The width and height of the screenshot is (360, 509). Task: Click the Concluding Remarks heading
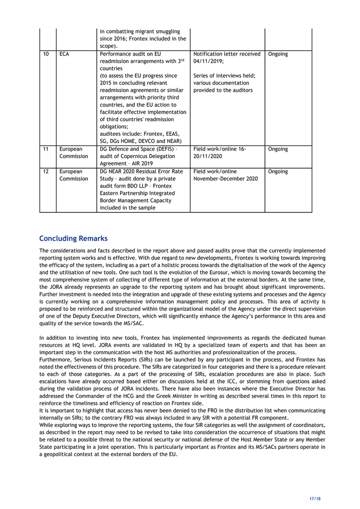(74, 239)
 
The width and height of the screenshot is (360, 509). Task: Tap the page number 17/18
(315, 498)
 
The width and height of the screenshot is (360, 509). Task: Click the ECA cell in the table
(65, 54)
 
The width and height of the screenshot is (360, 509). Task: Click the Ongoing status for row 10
(278, 54)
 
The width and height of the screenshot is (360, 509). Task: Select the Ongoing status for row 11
(278, 149)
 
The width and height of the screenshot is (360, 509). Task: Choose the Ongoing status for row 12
(278, 172)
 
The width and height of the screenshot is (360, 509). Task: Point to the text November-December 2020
(226, 179)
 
